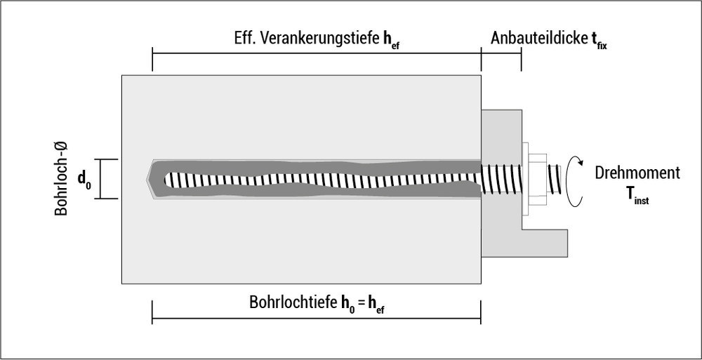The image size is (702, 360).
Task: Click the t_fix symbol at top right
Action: pyautogui.click(x=599, y=40)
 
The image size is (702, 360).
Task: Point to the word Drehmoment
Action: pyautogui.click(x=637, y=173)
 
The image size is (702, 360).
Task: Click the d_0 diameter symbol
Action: pyautogui.click(x=84, y=180)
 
